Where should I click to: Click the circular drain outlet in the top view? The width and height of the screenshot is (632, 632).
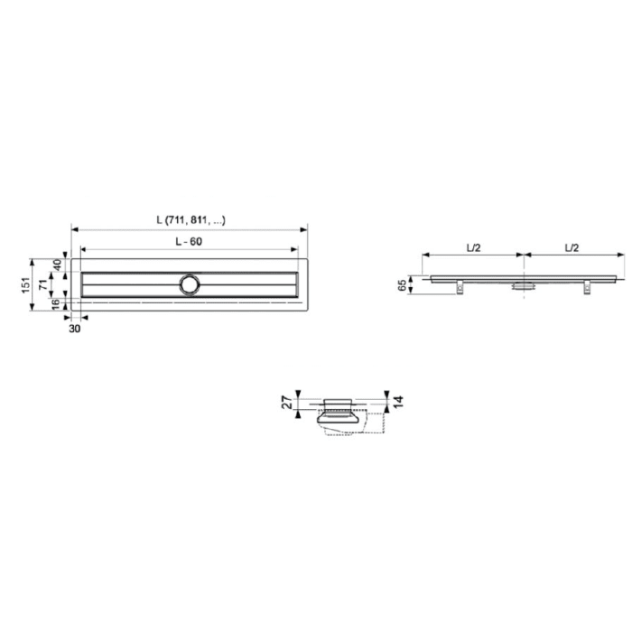190,283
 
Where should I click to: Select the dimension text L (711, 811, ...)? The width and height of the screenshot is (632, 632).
190,219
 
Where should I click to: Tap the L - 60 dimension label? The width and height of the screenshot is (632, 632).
190,242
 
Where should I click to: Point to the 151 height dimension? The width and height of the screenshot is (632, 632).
26,284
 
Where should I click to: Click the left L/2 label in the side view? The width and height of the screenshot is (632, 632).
472,246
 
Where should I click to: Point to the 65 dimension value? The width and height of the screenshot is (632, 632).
402,285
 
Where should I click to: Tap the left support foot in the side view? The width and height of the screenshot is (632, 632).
460,287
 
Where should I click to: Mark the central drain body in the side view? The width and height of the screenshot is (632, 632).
523,285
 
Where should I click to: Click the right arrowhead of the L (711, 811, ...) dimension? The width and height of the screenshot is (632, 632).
305,228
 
